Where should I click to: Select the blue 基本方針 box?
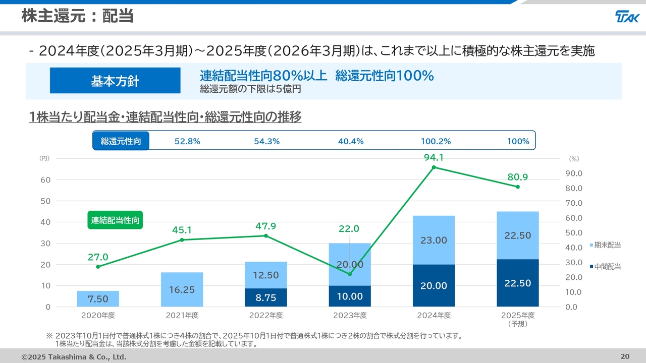115,81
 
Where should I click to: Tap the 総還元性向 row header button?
121,141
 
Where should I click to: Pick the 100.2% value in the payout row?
436,141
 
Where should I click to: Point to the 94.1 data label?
434,157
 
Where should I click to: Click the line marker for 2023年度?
350,274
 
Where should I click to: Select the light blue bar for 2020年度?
98,298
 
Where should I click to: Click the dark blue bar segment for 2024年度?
434,285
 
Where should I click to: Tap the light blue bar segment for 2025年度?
517,235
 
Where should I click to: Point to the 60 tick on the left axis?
45,180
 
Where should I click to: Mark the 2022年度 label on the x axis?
266,316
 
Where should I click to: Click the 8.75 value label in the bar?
265,298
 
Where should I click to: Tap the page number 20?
625,356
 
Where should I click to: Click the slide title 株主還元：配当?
77,16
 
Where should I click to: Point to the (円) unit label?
44,158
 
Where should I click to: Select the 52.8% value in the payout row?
187,141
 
